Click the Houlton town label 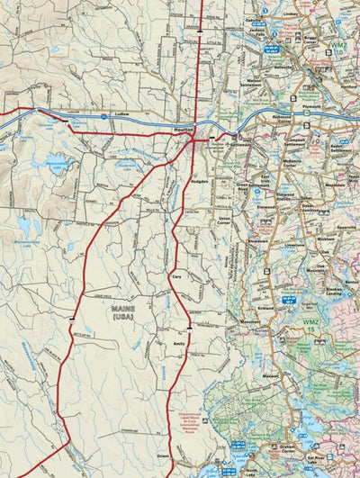pyautogui.click(x=184, y=131)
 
